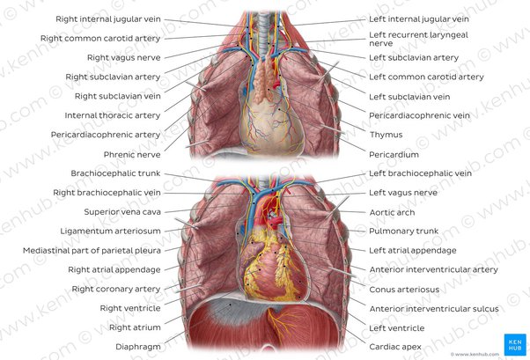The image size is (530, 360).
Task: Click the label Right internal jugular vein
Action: [x=108, y=19]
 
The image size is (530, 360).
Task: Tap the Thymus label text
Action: [x=386, y=135]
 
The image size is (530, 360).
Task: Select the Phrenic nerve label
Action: [x=132, y=155]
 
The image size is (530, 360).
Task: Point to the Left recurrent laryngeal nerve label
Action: [x=418, y=39]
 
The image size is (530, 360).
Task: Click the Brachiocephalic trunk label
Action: [x=115, y=173]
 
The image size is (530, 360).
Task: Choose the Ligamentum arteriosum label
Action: [x=111, y=231]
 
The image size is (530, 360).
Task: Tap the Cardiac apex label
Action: [x=395, y=347]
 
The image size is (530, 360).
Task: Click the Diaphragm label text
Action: [x=138, y=347]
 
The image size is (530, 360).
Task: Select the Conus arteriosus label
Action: [x=404, y=290]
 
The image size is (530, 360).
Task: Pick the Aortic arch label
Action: [x=392, y=212]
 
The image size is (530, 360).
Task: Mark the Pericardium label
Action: [x=394, y=155]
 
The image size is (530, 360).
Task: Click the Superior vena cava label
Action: [x=122, y=212]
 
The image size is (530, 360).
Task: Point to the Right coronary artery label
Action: [x=116, y=289]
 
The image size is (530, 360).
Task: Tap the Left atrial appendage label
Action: [x=413, y=251]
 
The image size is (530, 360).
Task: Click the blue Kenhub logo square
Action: [x=515, y=344]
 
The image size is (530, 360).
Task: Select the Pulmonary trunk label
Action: [x=403, y=231]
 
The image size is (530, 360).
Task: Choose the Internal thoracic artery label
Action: [x=113, y=115]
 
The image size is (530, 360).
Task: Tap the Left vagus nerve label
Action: [x=403, y=193]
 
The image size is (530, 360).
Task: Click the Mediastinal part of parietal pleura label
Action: [x=92, y=251]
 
